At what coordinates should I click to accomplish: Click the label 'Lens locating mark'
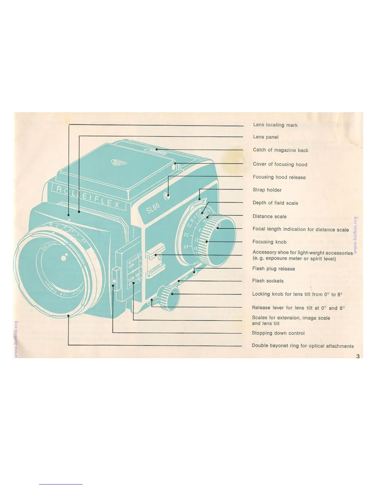pos(275,125)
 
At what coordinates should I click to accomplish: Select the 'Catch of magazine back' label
pos(280,150)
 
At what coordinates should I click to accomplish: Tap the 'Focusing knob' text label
pos(269,242)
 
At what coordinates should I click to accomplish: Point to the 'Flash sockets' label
pos(268,281)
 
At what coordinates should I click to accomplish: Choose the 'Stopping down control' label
pos(278,333)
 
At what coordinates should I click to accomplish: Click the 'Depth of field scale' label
pos(275,203)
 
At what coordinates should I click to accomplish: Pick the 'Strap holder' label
pos(267,190)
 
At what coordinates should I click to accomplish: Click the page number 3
pos(358,356)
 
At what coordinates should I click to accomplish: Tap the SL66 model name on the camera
pos(153,210)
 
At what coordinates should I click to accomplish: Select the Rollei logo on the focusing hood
pos(119,163)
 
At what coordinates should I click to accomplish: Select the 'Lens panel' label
pos(265,137)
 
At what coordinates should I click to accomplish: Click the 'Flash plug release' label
pos(273,269)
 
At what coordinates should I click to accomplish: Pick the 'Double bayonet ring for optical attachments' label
pos(303,346)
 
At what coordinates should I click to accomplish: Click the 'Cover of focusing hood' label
pos(280,164)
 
